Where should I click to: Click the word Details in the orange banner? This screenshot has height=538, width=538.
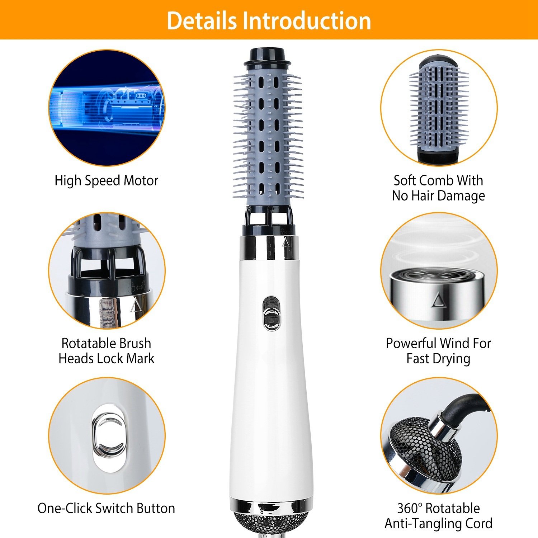pyautogui.click(x=202, y=21)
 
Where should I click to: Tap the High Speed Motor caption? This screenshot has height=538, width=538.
pyautogui.click(x=106, y=180)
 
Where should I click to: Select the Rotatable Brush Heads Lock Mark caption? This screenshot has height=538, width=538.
pyautogui.click(x=106, y=351)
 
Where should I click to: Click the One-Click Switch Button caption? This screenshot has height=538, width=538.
pyautogui.click(x=106, y=508)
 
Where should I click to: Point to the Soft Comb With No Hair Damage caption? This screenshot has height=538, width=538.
pyautogui.click(x=438, y=188)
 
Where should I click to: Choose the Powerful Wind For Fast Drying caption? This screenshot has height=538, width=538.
pyautogui.click(x=438, y=351)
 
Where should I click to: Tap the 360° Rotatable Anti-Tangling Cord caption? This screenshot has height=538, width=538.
pyautogui.click(x=438, y=516)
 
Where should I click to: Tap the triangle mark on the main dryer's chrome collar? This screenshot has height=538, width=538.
pyautogui.click(x=286, y=243)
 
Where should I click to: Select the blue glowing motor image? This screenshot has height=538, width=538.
pyautogui.click(x=107, y=108)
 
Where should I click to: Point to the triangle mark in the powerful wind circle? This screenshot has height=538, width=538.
pyautogui.click(x=437, y=300)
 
